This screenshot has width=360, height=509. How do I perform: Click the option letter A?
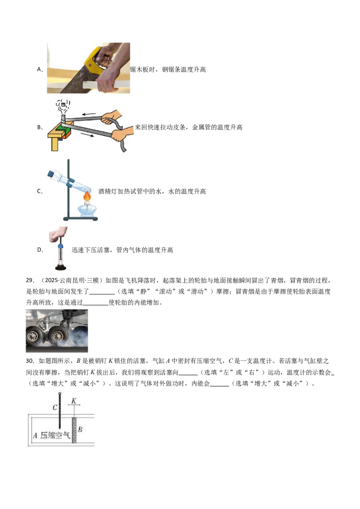(x=39, y=69)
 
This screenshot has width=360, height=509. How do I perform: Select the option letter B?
(x=39, y=127)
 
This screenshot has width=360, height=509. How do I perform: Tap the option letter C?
(x=39, y=191)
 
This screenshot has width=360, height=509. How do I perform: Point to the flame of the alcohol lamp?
(x=87, y=196)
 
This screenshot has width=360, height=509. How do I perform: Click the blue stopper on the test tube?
(x=51, y=174)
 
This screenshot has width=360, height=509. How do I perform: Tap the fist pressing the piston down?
(x=58, y=234)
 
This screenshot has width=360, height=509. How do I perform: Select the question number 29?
(x=30, y=280)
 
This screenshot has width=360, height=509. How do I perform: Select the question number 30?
(x=30, y=361)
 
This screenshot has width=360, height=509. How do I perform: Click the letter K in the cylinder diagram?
(x=74, y=401)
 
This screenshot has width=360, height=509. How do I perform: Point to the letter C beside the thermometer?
(x=54, y=407)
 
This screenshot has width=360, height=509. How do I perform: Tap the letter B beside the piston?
(x=80, y=429)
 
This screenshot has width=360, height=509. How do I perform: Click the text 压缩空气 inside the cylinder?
(x=55, y=435)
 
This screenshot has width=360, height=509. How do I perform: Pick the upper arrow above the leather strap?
(x=89, y=114)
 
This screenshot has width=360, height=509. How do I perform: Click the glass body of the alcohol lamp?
(x=87, y=210)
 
